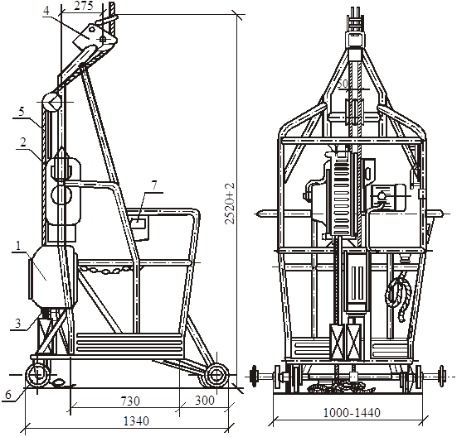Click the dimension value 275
84,7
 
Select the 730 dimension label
130,401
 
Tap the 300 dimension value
205,401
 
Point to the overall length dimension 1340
136,421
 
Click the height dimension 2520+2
230,204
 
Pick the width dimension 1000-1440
352,412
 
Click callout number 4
46,11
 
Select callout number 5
22,112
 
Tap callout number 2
23,142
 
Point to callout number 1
18,246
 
